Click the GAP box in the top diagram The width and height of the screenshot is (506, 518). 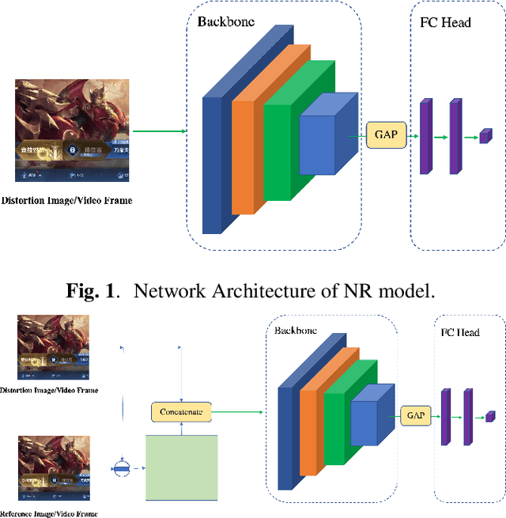(x=386, y=135)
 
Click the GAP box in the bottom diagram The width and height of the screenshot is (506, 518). (x=416, y=414)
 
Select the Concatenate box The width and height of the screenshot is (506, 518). (x=181, y=412)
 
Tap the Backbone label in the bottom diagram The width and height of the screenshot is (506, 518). (x=296, y=330)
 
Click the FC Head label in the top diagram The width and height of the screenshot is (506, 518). (x=446, y=21)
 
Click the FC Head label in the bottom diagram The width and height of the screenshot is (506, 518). (x=459, y=333)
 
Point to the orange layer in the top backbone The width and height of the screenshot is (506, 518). (x=245, y=142)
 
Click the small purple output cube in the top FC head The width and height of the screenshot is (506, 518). (x=485, y=136)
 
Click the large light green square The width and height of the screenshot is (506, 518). (x=182, y=467)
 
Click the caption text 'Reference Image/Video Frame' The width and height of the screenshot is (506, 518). (x=49, y=512)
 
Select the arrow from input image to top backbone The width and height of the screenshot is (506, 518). (x=158, y=131)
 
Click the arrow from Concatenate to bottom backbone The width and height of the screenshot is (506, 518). (x=237, y=411)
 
